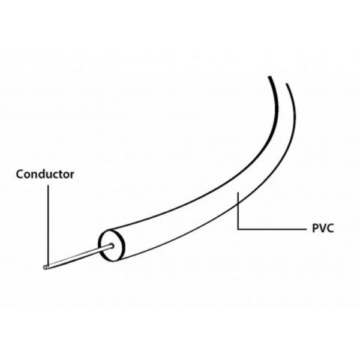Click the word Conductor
[x=45, y=174]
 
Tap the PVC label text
[x=323, y=229]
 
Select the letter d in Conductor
[x=44, y=174]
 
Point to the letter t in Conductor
[x=61, y=175]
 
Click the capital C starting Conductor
[x=20, y=174]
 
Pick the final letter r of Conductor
[x=72, y=176]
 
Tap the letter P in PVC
[x=315, y=229]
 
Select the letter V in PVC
[x=322, y=229]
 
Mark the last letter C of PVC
[x=330, y=229]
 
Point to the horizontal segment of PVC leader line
[x=272, y=229]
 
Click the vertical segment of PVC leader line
[x=238, y=211]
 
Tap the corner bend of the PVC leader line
[x=238, y=229]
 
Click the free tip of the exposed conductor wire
[x=45, y=268]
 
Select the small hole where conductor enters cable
[x=112, y=246]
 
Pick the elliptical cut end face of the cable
[x=112, y=245]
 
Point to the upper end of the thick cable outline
[x=270, y=77]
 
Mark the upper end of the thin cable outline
[x=287, y=84]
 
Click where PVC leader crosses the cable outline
[x=238, y=203]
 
